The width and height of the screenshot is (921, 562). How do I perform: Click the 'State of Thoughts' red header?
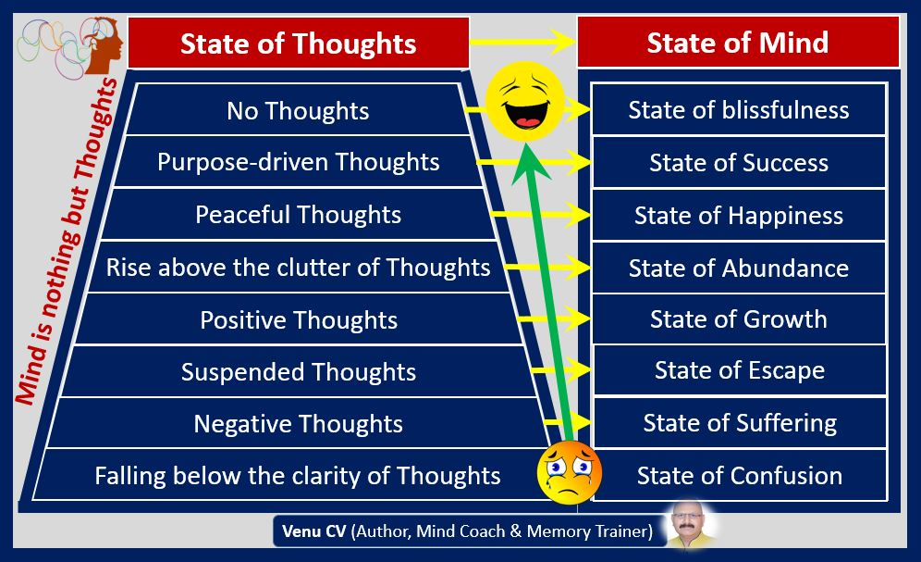click(x=299, y=43)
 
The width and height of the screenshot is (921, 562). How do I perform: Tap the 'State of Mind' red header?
click(x=738, y=42)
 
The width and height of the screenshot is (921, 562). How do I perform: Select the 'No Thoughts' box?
click(x=298, y=110)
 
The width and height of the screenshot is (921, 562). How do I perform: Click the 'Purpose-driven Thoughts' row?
click(x=298, y=162)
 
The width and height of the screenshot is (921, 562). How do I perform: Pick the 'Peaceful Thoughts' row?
click(x=298, y=215)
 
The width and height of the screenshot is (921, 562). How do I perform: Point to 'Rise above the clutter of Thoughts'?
click(x=298, y=268)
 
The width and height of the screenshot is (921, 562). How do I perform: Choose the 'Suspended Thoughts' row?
click(x=298, y=371)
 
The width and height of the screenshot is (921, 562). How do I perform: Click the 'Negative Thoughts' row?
click(x=298, y=423)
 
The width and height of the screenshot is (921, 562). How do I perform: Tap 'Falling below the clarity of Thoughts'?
click(x=297, y=475)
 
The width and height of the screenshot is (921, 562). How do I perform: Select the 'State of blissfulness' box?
click(x=739, y=110)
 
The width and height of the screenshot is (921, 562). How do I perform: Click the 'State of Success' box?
click(x=739, y=162)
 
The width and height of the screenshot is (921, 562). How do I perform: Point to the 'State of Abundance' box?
click(x=739, y=269)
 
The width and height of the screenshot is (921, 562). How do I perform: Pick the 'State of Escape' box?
click(x=740, y=370)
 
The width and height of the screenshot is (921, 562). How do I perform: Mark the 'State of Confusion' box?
click(x=740, y=475)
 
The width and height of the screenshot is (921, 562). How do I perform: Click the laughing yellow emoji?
click(x=524, y=101)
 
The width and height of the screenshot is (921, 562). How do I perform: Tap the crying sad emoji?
click(x=570, y=472)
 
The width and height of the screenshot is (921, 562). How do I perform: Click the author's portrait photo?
click(x=690, y=524)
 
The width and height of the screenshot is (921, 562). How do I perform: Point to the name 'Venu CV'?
click(x=314, y=531)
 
